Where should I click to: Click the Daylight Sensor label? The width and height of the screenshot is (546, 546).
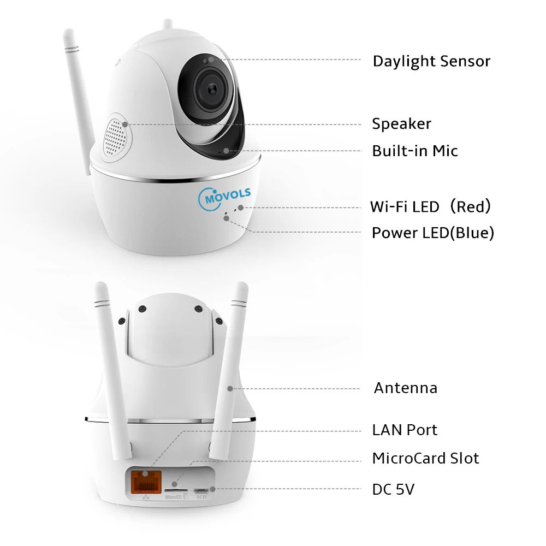pyautogui.click(x=431, y=61)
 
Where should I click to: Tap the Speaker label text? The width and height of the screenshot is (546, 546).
pyautogui.click(x=401, y=124)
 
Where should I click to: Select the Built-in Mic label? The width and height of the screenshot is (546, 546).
pyautogui.click(x=415, y=151)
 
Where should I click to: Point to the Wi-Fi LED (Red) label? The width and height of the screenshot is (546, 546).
pyautogui.click(x=431, y=206)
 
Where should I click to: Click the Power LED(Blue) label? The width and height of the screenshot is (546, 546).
pyautogui.click(x=432, y=233)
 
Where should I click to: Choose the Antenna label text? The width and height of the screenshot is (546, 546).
pyautogui.click(x=405, y=388)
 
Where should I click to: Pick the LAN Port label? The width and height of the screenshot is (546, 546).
pyautogui.click(x=405, y=430)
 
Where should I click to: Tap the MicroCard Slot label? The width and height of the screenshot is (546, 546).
pyautogui.click(x=425, y=458)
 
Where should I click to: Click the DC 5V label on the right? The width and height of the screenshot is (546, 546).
pyautogui.click(x=393, y=489)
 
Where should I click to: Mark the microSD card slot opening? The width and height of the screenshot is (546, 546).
pyautogui.click(x=175, y=484)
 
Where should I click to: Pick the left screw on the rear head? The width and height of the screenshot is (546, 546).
pyautogui.click(x=142, y=308)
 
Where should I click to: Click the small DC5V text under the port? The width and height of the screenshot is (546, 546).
pyautogui.click(x=201, y=497)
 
